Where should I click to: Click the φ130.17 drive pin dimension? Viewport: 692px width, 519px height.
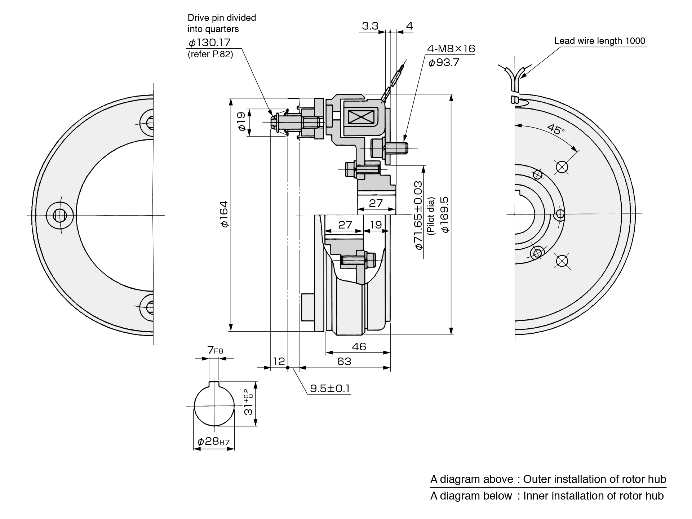[209, 43]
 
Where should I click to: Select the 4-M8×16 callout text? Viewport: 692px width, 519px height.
[451, 48]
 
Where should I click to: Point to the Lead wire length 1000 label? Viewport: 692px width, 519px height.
[599, 41]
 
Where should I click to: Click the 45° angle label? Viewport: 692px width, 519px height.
[556, 129]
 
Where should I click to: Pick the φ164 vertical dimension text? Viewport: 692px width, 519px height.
[225, 214]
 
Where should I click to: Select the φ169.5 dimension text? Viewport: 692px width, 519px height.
[445, 214]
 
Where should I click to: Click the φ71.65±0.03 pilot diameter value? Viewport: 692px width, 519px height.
[418, 215]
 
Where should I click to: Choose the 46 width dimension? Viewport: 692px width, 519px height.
[359, 346]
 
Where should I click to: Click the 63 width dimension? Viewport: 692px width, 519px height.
[344, 361]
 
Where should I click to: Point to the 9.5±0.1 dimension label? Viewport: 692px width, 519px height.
[330, 388]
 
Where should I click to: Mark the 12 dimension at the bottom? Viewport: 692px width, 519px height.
[279, 361]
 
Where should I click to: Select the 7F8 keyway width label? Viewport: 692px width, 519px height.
[215, 350]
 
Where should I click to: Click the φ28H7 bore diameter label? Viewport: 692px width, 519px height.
[213, 442]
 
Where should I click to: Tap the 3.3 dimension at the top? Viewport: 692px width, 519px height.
[370, 26]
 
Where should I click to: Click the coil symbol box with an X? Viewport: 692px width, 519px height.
[360, 117]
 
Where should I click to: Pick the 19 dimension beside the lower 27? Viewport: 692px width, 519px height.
[376, 225]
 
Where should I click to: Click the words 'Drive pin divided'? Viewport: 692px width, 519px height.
[222, 18]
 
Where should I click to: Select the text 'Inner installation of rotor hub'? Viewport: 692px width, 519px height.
[593, 496]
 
